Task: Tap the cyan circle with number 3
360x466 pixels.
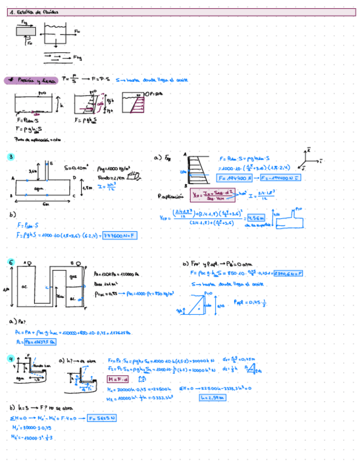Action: tap(12, 158)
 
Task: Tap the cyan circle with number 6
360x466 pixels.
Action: tap(12, 263)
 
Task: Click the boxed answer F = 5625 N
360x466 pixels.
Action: tap(102, 418)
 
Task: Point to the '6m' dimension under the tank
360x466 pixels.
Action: tap(45, 203)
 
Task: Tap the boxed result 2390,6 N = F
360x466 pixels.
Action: tap(287, 273)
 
